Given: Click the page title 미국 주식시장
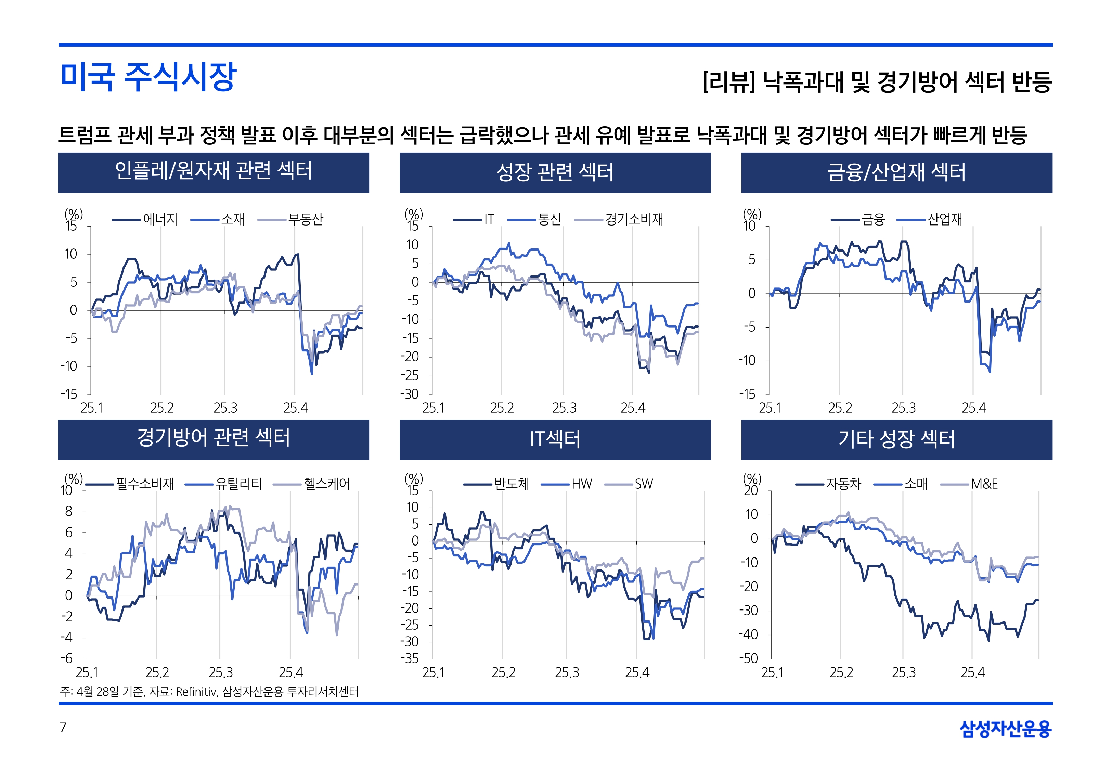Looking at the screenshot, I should [148, 77].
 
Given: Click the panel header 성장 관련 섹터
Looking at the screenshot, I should [555, 172].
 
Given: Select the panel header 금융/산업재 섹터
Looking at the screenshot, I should [896, 172].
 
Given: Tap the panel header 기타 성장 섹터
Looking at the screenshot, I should [896, 439].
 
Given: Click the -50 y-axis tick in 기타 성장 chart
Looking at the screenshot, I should [748, 658].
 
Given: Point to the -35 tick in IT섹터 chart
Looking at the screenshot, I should [410, 658].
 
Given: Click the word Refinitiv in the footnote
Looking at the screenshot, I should [196, 692].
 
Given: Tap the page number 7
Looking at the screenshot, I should [63, 728].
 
